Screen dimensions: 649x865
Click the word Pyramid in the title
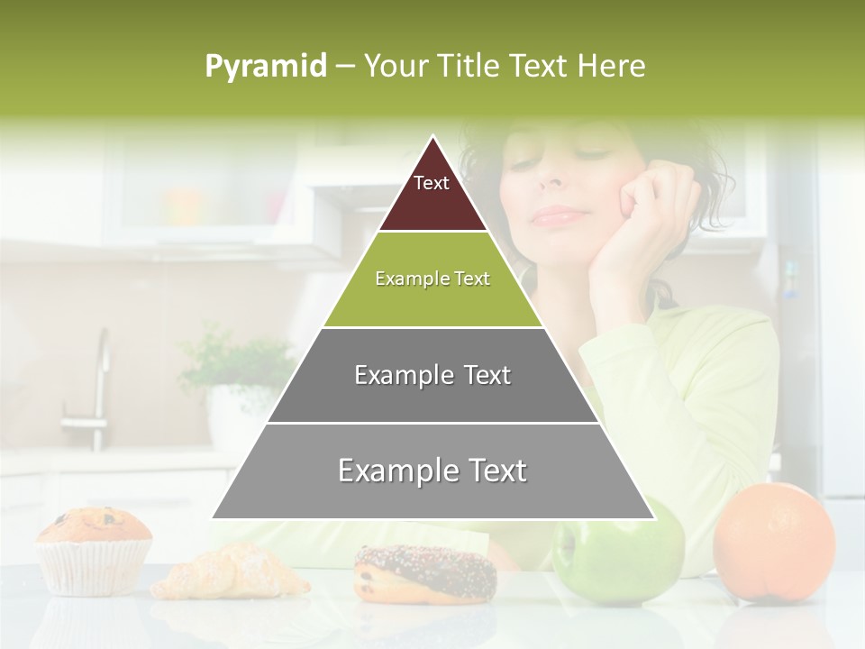[x=265, y=67]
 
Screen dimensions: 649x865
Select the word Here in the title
[x=611, y=66]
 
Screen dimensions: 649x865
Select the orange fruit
[x=774, y=541]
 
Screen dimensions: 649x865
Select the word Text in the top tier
[x=431, y=183]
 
